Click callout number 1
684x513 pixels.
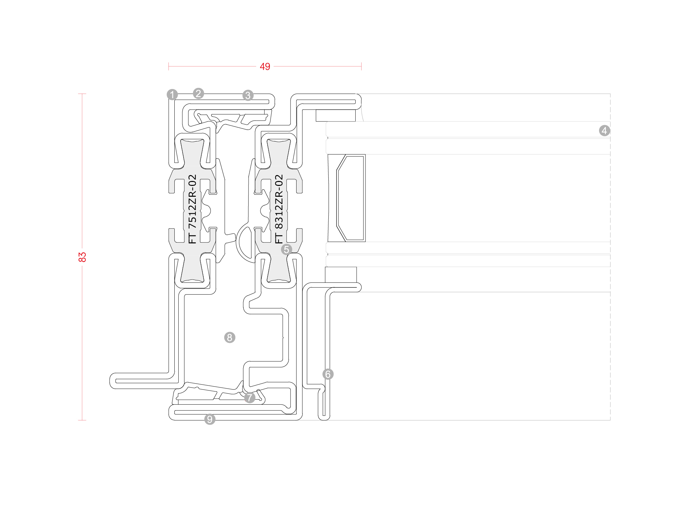[172, 95]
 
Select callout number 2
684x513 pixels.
[198, 93]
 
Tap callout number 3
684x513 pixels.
[248, 95]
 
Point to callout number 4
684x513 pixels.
[605, 130]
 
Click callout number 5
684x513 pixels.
[287, 249]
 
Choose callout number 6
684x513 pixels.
[328, 374]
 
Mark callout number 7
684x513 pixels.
[250, 397]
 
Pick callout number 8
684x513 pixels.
[230, 337]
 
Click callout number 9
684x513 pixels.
[210, 419]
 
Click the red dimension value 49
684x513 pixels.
[265, 67]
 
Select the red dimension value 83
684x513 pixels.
[82, 257]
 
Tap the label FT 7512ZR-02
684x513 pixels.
[192, 209]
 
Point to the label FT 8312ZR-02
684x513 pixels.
[279, 209]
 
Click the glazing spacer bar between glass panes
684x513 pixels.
[347, 198]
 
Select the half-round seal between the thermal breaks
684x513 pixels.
[245, 242]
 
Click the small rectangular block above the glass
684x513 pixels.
[336, 115]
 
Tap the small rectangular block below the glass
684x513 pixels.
[341, 275]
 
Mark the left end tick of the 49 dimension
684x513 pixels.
[168, 66]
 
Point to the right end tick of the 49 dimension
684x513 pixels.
[361, 66]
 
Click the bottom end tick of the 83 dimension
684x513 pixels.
[82, 420]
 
